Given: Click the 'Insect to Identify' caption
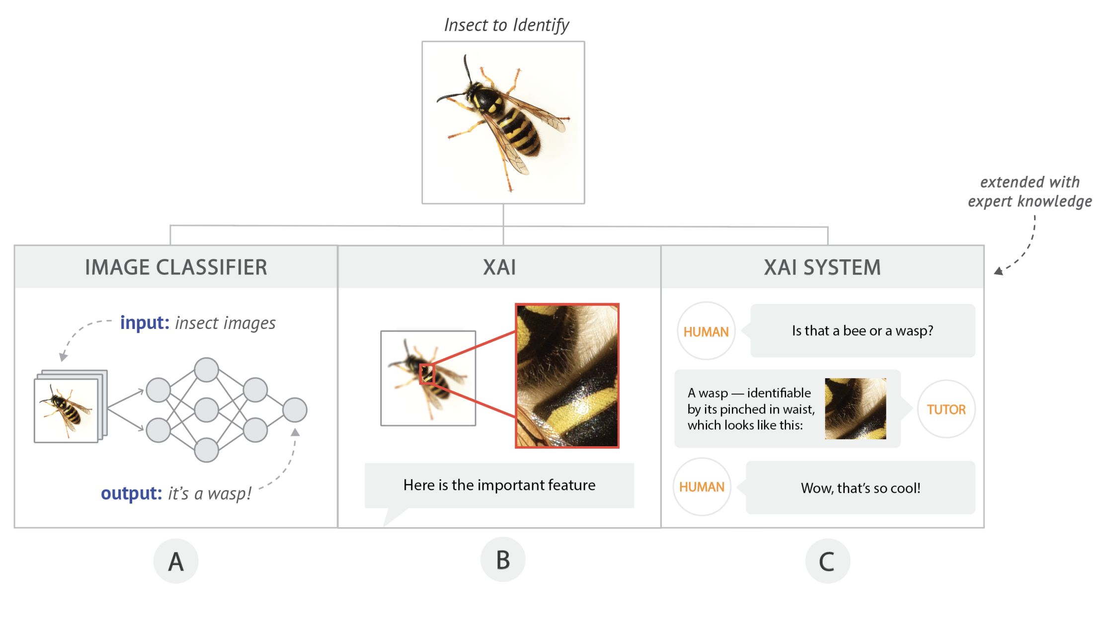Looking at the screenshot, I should (506, 25).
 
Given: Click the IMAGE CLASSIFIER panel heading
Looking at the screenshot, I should (176, 267).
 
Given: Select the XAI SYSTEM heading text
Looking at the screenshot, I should (822, 267).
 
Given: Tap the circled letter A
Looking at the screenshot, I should (176, 562).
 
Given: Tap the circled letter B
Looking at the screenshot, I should (503, 560).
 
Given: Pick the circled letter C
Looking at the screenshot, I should (827, 562).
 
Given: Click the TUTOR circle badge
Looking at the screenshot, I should (946, 409).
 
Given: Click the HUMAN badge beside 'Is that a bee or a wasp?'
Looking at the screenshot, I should (706, 331).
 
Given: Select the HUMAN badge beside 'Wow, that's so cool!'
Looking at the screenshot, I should (702, 487).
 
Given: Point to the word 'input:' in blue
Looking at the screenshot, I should (145, 323).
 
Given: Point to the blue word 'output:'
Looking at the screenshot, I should (131, 493).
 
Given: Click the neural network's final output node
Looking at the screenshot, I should (295, 410).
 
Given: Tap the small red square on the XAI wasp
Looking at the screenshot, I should (427, 374).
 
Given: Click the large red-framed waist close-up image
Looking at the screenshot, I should (567, 376).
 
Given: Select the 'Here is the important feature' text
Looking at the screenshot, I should (499, 485).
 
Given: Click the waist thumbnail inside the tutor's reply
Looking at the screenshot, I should (855, 408).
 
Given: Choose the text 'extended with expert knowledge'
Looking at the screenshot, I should (1030, 192).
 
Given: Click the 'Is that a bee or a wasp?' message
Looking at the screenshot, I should (862, 331).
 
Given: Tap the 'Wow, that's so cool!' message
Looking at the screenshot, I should (860, 488).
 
